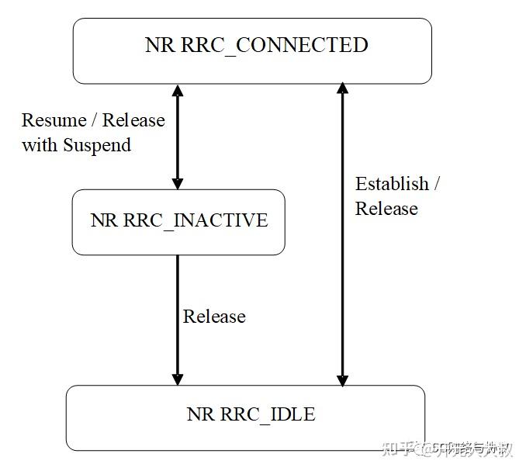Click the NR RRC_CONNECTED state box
point(252,50)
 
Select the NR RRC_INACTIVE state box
point(178,222)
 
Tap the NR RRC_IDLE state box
point(245,417)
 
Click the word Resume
point(54,120)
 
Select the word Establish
point(392,184)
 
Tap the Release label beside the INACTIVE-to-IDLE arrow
point(214,317)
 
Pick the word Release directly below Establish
point(386,209)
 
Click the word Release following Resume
point(134,120)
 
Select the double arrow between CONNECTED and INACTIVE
point(178,137)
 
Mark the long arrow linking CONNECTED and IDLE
point(341,233)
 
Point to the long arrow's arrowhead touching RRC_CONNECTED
point(341,90)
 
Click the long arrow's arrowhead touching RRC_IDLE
point(341,379)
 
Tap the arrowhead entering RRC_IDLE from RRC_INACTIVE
point(178,379)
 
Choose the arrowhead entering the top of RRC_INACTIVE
point(178,183)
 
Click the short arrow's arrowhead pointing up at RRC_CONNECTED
point(178,90)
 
